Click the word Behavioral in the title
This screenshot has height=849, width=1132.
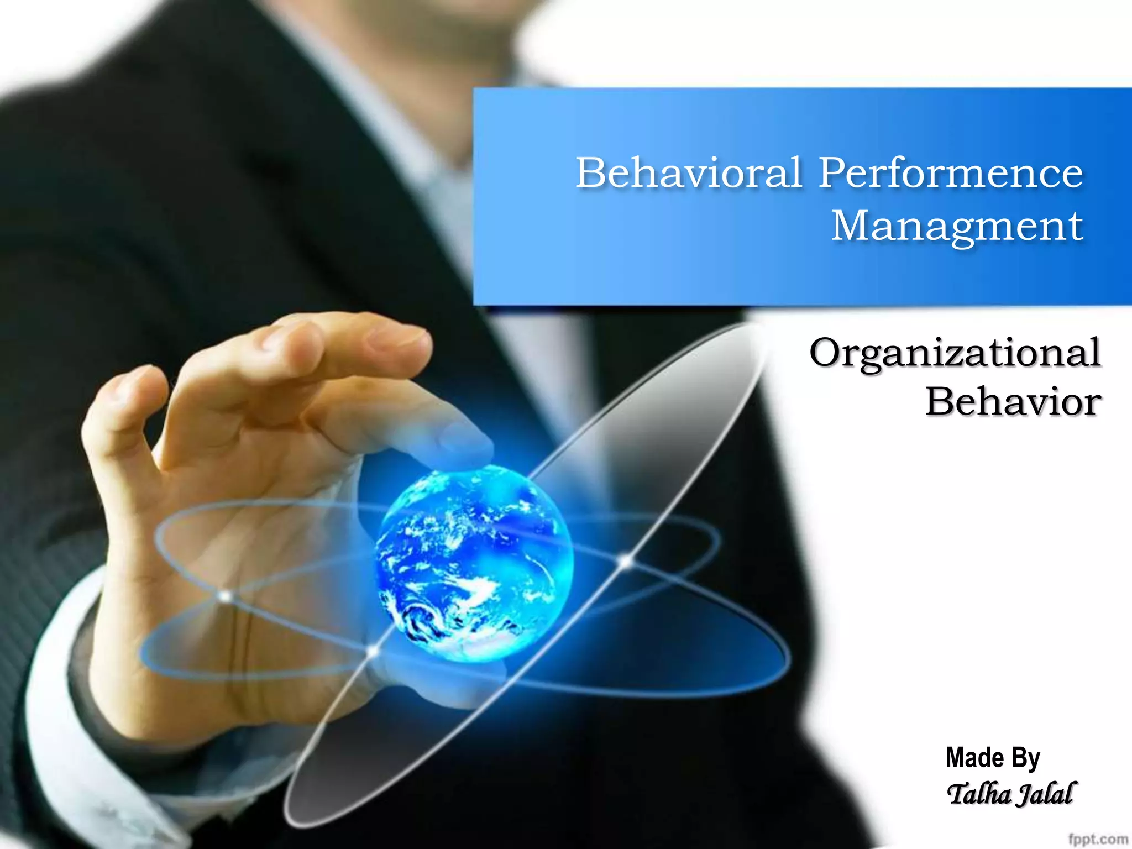click(x=688, y=172)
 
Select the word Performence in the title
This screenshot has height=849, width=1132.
click(x=951, y=172)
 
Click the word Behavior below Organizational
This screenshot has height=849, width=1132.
click(x=1013, y=402)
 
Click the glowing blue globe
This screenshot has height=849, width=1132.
click(x=474, y=564)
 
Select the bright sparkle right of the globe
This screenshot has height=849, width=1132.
click(x=625, y=562)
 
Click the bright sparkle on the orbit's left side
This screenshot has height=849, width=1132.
click(x=225, y=596)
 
